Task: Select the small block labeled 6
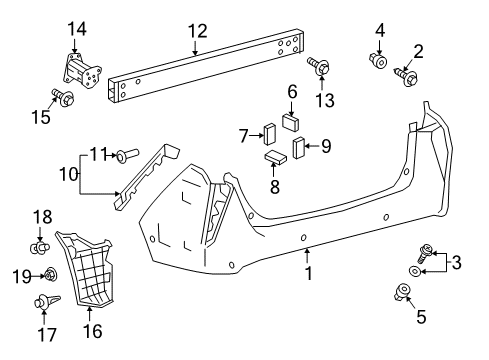292,123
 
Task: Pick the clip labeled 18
41,243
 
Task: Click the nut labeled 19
48,275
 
